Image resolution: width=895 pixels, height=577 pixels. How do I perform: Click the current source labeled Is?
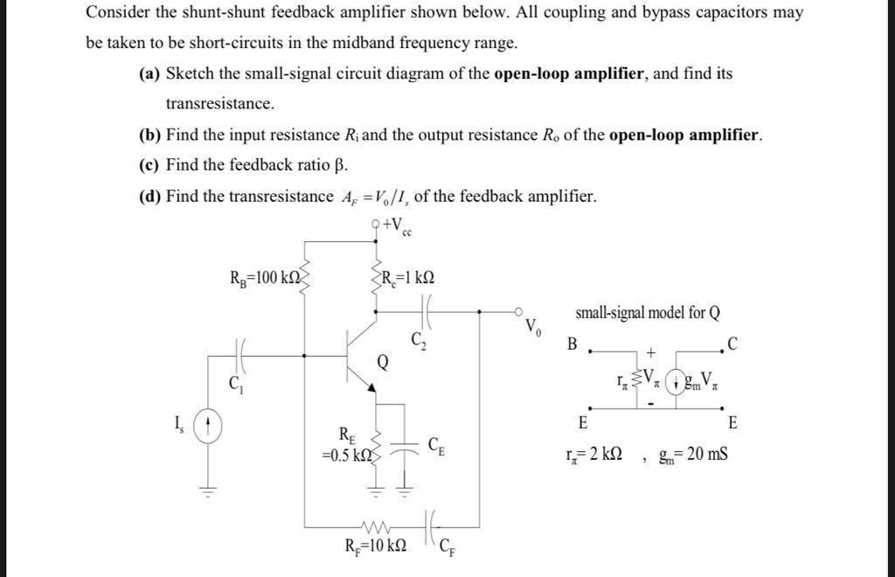(207, 427)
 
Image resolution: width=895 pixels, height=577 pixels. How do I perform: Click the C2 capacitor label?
(417, 339)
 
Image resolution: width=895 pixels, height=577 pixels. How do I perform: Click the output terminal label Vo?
(533, 329)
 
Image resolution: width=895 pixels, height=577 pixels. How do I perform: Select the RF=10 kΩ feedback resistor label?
(375, 546)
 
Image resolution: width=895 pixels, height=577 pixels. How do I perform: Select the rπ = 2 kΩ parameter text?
(593, 454)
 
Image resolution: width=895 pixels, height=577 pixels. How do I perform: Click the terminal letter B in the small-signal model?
(572, 344)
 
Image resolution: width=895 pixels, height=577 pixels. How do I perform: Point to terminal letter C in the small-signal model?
(732, 344)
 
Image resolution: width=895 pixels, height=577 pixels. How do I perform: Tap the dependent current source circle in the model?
(675, 382)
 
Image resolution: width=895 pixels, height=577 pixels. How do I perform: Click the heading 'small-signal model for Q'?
(648, 312)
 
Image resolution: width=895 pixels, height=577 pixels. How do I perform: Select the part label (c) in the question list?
(149, 165)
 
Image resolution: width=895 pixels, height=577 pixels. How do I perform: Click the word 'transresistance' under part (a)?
(220, 104)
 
